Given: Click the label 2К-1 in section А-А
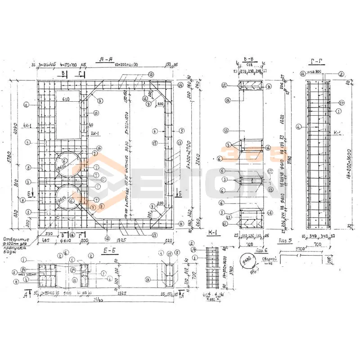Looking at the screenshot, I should [x=95, y=134].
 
